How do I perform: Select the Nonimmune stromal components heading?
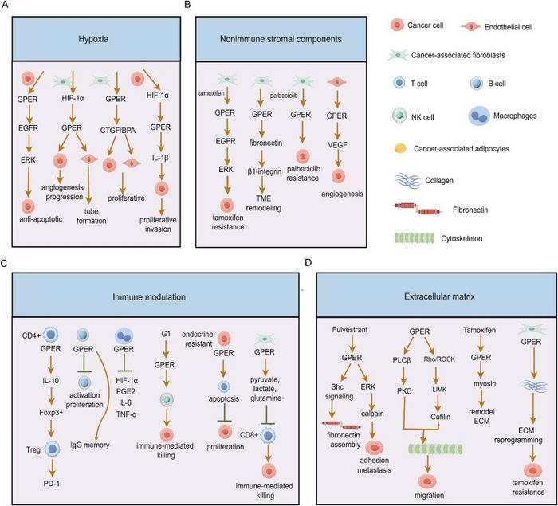click(273, 37)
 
